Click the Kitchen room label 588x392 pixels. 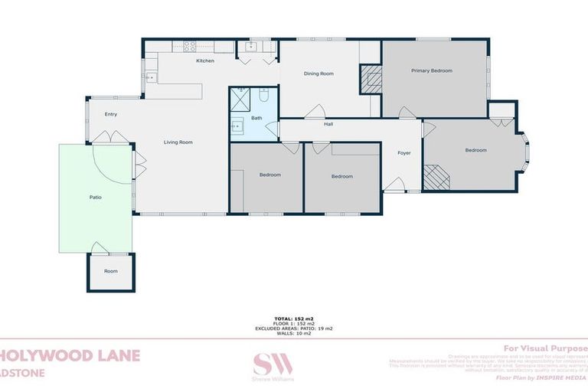tap(204, 60)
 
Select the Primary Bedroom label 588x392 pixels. tap(431, 70)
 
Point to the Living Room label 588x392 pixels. tap(178, 142)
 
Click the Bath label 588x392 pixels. tap(256, 118)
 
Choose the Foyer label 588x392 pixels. tap(403, 152)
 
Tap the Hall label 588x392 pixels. tap(328, 124)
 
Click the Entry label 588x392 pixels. tap(111, 114)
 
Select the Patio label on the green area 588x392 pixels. tap(96, 198)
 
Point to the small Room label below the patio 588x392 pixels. tap(111, 271)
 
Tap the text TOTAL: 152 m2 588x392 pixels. tap(294, 318)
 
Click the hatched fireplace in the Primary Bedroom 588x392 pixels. tap(371, 79)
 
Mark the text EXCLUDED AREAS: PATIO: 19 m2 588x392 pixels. tap(294, 328)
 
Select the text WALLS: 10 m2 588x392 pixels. tap(294, 333)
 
